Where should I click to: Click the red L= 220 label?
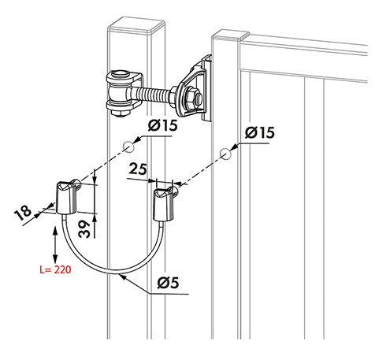click(55, 269)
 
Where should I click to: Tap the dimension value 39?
click(85, 229)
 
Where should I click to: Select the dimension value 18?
click(23, 212)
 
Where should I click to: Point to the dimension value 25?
click(138, 169)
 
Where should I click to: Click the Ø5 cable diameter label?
click(168, 283)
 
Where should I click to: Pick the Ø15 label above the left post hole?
click(163, 125)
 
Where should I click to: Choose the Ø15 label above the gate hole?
click(260, 132)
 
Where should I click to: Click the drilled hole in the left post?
click(128, 147)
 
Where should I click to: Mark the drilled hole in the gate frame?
click(225, 154)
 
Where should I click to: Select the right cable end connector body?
click(164, 205)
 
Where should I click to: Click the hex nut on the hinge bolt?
click(194, 100)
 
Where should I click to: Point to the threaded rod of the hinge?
click(155, 95)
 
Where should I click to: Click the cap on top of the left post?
click(136, 25)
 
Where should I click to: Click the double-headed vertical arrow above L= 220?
click(55, 245)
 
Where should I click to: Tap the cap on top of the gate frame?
click(230, 35)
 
